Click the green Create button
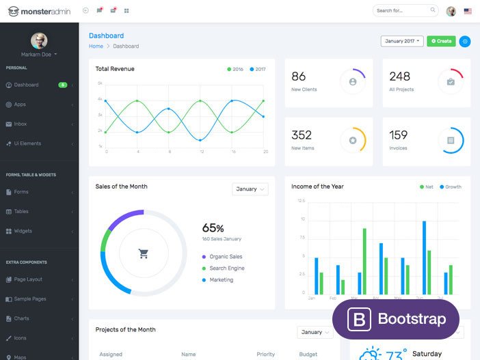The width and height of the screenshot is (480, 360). (441, 41)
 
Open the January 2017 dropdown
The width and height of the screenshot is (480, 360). (401, 41)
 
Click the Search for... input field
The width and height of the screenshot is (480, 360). (403, 11)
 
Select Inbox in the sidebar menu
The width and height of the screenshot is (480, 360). (20, 124)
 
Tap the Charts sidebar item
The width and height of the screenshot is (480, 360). (21, 318)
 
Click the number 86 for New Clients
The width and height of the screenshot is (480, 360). (299, 77)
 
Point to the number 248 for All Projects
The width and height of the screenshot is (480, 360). (399, 77)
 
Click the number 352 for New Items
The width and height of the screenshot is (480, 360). (302, 135)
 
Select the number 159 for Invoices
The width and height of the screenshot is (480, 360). (399, 135)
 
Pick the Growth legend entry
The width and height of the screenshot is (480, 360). (451, 186)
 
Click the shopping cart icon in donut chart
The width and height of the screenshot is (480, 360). (144, 253)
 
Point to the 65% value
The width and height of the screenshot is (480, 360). (213, 228)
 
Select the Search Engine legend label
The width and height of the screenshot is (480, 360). (227, 268)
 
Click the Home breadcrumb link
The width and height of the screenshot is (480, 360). (96, 46)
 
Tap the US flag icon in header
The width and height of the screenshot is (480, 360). (468, 11)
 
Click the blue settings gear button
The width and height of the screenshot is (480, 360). (465, 41)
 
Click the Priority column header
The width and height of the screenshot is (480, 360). (265, 355)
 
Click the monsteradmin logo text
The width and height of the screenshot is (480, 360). (44, 11)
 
